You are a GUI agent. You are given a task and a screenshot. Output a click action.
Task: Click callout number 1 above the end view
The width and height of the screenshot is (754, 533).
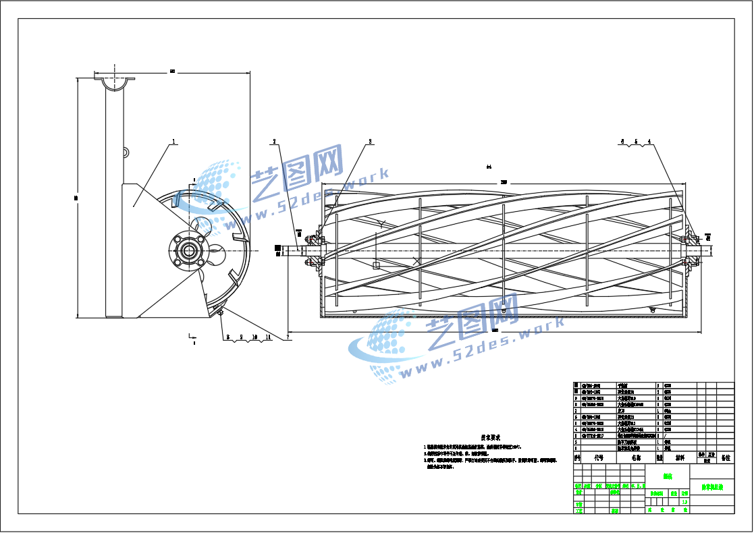173,142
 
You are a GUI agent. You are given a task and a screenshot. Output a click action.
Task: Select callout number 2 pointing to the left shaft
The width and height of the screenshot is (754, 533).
275,142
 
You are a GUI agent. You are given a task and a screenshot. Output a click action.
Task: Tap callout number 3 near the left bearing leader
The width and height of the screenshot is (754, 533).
370,142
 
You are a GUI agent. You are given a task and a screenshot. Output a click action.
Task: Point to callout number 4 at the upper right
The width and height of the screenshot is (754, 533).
649,142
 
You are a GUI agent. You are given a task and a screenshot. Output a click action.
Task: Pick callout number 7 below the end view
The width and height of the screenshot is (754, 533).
288,336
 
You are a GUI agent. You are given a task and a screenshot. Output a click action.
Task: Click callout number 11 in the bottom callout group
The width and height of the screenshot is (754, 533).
268,336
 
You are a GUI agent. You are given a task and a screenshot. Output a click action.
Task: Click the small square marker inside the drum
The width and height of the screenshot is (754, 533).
376,265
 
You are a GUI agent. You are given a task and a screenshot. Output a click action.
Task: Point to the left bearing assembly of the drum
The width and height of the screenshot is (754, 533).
314,250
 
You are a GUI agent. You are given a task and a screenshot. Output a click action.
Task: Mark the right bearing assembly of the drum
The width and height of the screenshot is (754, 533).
689,248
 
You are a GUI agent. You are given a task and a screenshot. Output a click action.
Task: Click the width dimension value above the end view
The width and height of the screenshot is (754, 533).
172,71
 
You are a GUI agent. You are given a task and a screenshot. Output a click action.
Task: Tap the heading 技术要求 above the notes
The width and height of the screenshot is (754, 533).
489,438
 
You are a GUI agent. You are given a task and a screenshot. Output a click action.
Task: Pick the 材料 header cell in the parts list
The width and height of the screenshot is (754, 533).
679,457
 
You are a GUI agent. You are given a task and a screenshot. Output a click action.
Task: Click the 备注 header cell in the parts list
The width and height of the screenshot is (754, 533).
726,457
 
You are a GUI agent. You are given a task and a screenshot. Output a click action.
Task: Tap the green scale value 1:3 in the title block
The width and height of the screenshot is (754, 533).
684,501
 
